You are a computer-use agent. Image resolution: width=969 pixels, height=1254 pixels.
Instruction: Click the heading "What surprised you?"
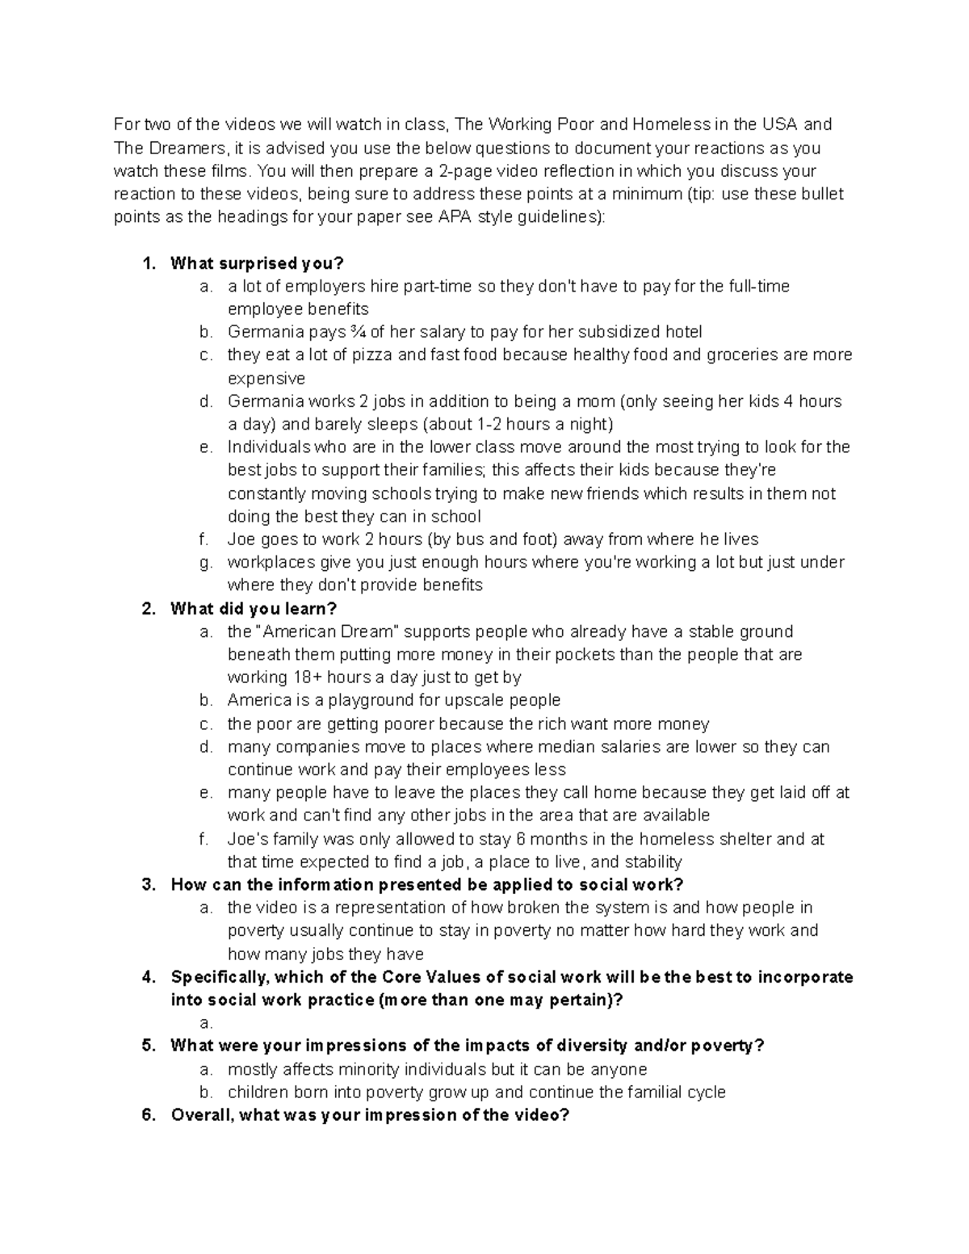(x=257, y=263)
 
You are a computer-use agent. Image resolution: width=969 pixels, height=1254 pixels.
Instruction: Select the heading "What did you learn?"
(x=254, y=609)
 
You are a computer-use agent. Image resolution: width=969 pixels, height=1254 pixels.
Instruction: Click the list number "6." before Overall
(x=148, y=1116)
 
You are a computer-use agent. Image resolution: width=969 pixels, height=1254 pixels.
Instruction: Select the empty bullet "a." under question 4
(x=206, y=1023)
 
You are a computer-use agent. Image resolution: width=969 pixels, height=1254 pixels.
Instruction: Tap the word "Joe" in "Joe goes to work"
(x=241, y=539)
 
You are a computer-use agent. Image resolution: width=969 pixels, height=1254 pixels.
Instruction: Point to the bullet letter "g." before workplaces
(x=206, y=563)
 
